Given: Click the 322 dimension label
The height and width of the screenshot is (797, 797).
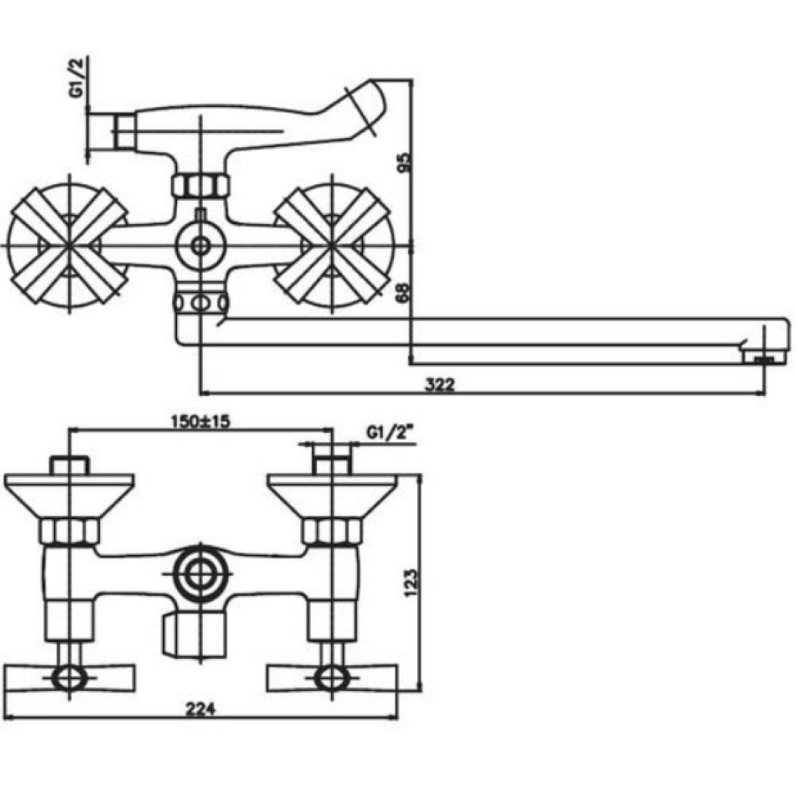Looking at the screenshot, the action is (x=439, y=384).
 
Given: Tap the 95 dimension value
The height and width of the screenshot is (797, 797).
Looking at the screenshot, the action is (x=405, y=163).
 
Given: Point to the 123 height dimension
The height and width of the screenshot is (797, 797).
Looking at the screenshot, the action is (x=411, y=582).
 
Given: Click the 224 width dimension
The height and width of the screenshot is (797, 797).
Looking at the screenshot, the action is (x=200, y=709).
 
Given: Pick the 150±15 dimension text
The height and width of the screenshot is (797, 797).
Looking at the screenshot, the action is (x=200, y=421).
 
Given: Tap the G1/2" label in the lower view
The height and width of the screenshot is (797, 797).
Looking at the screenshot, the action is (x=389, y=434).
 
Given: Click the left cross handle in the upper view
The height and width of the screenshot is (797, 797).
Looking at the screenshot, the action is (x=68, y=245).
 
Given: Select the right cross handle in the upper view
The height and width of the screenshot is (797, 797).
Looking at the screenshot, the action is (x=332, y=245).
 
